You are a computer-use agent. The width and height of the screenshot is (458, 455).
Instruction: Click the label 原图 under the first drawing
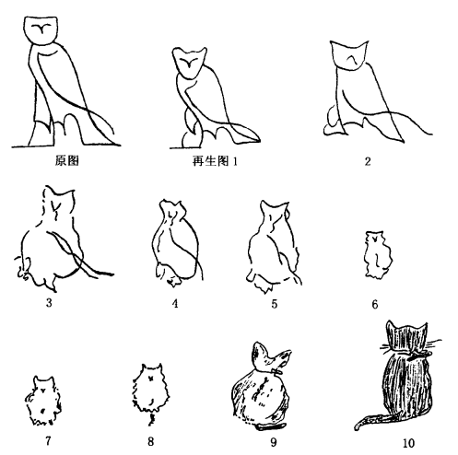(x=67, y=160)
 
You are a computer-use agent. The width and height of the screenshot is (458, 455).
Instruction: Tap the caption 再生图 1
(x=215, y=160)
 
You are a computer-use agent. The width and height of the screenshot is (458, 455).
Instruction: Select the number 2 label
(x=368, y=161)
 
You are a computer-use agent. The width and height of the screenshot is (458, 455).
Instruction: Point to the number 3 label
(x=49, y=303)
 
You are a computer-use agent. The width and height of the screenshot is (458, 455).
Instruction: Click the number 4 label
(x=175, y=303)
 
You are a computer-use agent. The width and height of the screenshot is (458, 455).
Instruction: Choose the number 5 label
(x=275, y=304)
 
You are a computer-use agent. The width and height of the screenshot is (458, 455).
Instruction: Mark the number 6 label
(x=375, y=304)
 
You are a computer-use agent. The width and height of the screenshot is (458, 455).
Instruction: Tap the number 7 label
(x=48, y=441)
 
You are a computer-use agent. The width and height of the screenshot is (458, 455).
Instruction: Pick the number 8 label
(x=150, y=441)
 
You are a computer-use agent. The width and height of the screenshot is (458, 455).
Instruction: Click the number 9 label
(x=274, y=442)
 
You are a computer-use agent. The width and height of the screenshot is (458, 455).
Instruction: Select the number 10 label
(x=408, y=443)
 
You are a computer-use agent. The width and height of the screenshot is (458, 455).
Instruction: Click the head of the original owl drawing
(x=41, y=30)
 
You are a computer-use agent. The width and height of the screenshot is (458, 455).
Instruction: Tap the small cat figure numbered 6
(x=378, y=255)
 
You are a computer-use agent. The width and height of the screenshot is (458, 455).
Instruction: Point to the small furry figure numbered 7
(x=43, y=400)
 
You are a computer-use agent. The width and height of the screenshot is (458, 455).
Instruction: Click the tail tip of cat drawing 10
(x=357, y=427)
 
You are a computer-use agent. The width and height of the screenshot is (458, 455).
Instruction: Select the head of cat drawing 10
(x=407, y=335)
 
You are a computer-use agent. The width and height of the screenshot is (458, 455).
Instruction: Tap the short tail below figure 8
(x=151, y=419)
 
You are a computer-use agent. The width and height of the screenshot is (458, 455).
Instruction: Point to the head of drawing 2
(x=349, y=55)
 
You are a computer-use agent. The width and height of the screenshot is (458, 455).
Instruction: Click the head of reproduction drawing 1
(x=189, y=63)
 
